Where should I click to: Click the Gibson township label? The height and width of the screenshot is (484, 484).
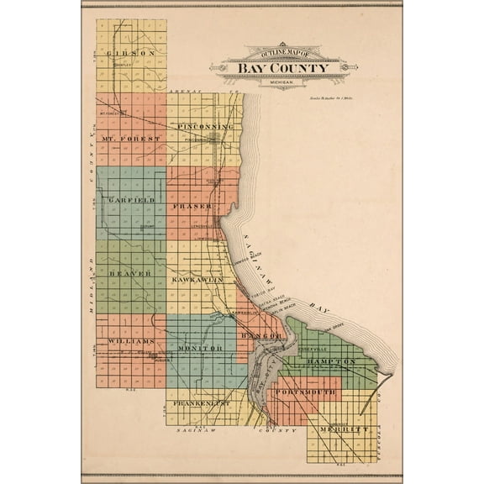tap(132, 52)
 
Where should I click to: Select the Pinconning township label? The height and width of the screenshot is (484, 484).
tap(204, 126)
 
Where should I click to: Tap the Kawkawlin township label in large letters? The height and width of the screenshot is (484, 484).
tap(196, 277)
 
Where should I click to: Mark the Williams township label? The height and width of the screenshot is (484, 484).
tap(130, 341)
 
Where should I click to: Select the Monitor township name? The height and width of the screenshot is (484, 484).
tap(198, 347)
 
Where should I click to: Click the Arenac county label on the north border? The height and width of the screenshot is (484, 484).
tap(181, 90)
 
